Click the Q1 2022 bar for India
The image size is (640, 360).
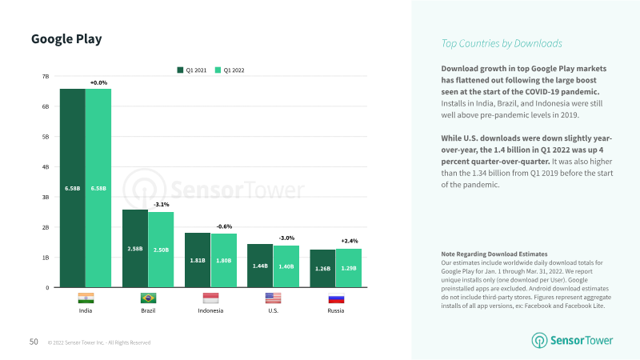coord(98,188)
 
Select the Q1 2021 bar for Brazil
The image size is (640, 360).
coord(135,248)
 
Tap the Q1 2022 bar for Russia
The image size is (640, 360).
coord(349,268)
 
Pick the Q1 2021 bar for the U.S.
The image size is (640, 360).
coord(260,266)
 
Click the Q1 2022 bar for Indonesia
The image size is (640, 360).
coord(224,260)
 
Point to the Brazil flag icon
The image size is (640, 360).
coord(148,298)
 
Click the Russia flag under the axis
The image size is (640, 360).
coord(336,298)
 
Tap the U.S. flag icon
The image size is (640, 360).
coord(273,298)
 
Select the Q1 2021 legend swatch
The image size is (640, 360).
coord(180,70)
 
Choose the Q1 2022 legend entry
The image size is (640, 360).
coord(230,70)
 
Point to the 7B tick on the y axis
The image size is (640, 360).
coord(46,76)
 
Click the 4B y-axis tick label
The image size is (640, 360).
coord(46,167)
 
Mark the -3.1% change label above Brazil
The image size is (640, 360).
coord(162,205)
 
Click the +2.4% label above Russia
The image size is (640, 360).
coord(350,241)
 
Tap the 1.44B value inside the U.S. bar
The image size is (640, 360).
coord(260,266)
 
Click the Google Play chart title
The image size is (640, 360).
coord(66,39)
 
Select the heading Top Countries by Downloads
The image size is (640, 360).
coord(502,44)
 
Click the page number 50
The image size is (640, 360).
coord(34,342)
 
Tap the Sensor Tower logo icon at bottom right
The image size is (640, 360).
coord(539,341)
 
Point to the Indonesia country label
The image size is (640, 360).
coord(210,310)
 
